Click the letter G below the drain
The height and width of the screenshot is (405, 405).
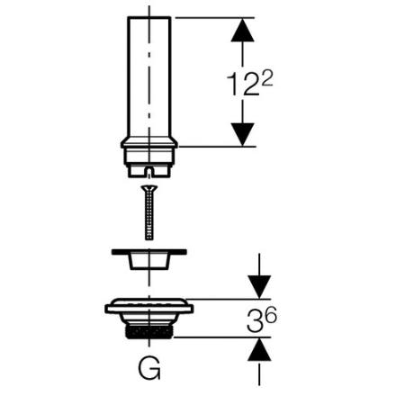(x=149, y=368)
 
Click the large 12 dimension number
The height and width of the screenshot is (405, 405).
(x=243, y=85)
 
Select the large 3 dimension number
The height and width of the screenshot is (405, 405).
(x=254, y=321)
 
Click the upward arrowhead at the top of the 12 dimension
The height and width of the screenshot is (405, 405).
(x=242, y=30)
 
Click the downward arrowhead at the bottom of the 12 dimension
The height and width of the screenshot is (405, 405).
(x=243, y=134)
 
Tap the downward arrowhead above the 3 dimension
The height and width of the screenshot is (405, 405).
(x=259, y=287)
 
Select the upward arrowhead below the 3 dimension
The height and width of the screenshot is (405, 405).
(x=259, y=349)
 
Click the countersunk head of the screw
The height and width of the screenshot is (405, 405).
(x=149, y=189)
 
